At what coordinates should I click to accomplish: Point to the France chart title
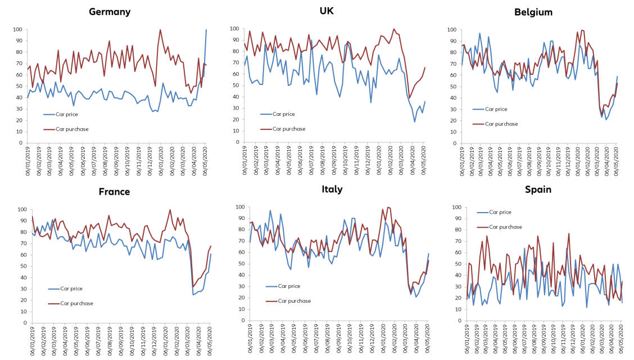pyautogui.click(x=114, y=191)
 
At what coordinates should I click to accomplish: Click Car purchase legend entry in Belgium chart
pyautogui.click(x=503, y=124)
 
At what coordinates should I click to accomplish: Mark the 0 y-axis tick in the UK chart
pyautogui.click(x=237, y=142)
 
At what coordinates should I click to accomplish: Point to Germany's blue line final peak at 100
pyautogui.click(x=206, y=30)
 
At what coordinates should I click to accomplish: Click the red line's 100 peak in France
pyautogui.click(x=170, y=210)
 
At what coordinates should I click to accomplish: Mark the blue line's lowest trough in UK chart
pyautogui.click(x=415, y=122)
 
